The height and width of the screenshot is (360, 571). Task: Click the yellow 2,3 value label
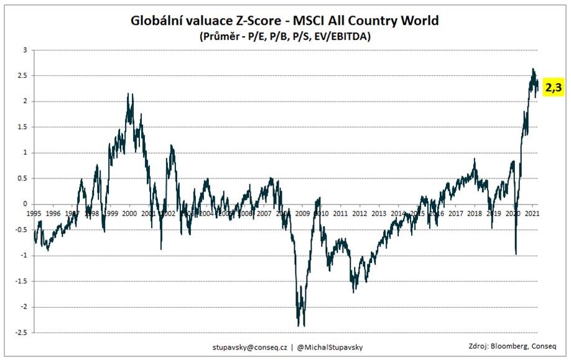[x=553, y=88]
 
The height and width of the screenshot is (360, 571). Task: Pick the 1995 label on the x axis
[x=34, y=213]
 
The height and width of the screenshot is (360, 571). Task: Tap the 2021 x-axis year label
[x=532, y=213]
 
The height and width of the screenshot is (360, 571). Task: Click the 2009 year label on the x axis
[x=302, y=213]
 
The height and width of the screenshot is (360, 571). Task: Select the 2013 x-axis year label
[x=379, y=213]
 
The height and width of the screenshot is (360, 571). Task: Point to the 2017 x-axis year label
[x=456, y=213]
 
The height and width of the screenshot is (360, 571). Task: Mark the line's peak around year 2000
[x=128, y=94]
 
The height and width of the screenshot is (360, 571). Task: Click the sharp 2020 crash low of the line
[x=516, y=253]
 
